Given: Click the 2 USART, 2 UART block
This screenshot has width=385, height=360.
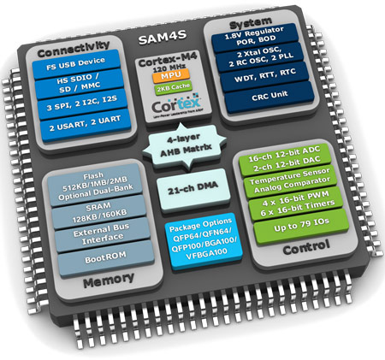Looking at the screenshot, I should tap(77, 129).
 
